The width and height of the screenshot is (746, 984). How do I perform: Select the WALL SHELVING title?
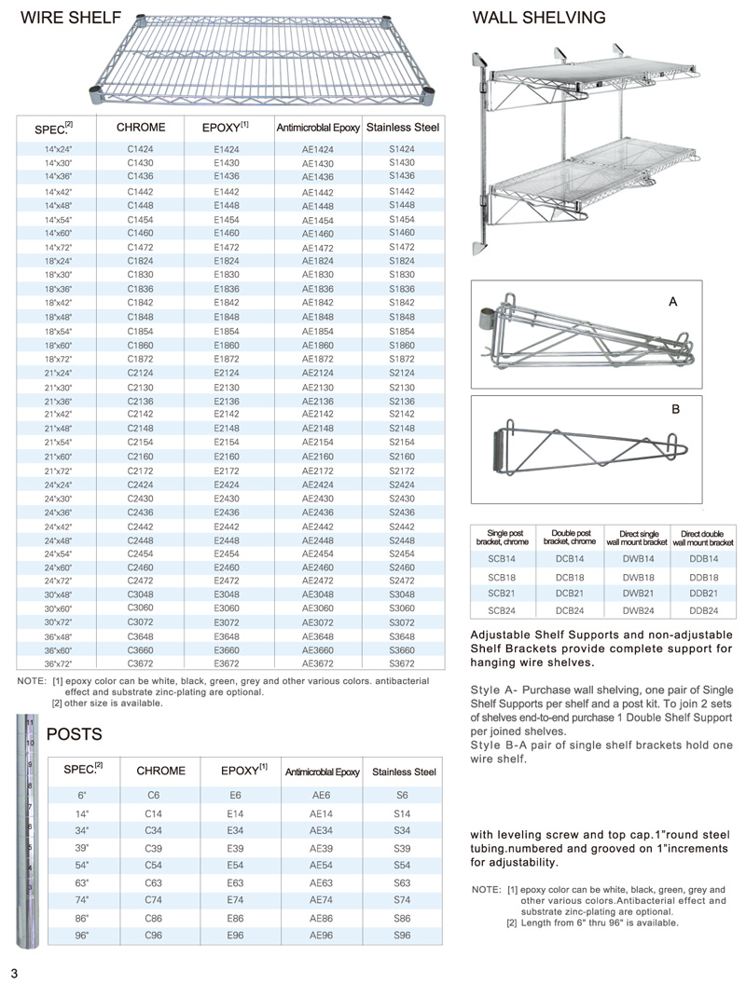(539, 18)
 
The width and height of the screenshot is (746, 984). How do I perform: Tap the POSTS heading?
(74, 734)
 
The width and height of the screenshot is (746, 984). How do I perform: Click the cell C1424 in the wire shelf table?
(140, 149)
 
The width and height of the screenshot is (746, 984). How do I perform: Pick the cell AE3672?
(318, 664)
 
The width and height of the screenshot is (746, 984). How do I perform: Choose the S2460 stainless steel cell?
(402, 567)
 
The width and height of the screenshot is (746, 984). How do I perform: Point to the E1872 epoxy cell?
(227, 358)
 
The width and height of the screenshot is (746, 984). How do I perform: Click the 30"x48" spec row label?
(58, 594)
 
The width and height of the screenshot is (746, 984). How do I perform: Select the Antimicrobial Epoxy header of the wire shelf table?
(318, 128)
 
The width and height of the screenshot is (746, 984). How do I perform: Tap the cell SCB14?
(502, 558)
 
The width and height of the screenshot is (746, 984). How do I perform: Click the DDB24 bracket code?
(704, 609)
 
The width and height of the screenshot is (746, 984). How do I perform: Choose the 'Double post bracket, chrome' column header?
(569, 537)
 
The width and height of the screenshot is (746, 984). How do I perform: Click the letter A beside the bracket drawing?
(671, 302)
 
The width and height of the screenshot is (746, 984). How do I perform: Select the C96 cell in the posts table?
(154, 935)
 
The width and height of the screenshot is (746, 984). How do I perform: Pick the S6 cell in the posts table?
(402, 795)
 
